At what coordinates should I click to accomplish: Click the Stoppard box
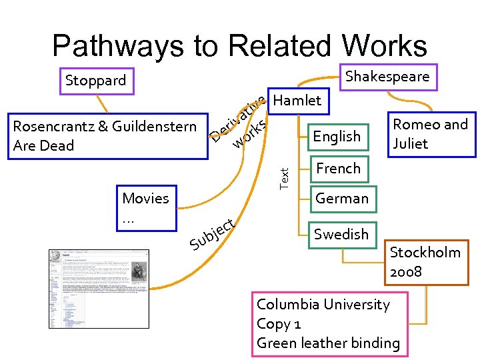coord(97,81)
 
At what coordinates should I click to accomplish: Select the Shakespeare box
coord(388,77)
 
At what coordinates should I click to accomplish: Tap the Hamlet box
coord(297,101)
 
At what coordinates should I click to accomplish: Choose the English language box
coord(337,137)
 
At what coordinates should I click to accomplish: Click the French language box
coord(338,168)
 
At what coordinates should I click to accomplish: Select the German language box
coord(342,198)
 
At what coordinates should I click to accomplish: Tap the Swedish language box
coord(341,234)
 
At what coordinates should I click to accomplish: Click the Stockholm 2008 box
coord(425,262)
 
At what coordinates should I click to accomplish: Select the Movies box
coord(147,208)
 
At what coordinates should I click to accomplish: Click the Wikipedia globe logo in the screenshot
coord(53,256)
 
